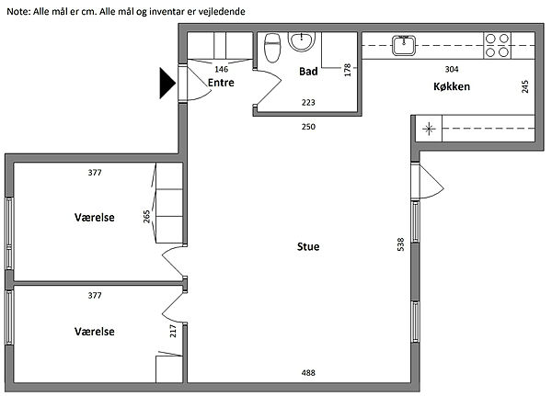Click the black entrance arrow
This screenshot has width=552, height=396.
167,84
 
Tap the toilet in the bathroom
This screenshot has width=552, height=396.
272,48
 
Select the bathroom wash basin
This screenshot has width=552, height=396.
302,41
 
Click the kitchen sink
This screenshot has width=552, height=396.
404,46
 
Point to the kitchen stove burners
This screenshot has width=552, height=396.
497,45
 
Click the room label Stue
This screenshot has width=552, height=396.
308,246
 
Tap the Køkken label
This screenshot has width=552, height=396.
452,86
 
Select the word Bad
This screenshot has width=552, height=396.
308,72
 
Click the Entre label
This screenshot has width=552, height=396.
221,83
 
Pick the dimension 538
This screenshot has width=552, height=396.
400,244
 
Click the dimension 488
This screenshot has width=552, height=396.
308,373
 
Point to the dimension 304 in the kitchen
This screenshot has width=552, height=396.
452,69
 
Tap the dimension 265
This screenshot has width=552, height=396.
146,217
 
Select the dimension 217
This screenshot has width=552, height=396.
173,331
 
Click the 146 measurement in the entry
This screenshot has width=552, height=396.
222,69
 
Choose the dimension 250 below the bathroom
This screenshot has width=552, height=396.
308,127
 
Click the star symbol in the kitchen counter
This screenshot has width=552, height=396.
429,129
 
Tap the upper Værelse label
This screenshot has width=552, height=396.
95,218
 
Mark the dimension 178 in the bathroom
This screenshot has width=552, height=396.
348,70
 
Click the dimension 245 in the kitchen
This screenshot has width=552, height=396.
525,86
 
